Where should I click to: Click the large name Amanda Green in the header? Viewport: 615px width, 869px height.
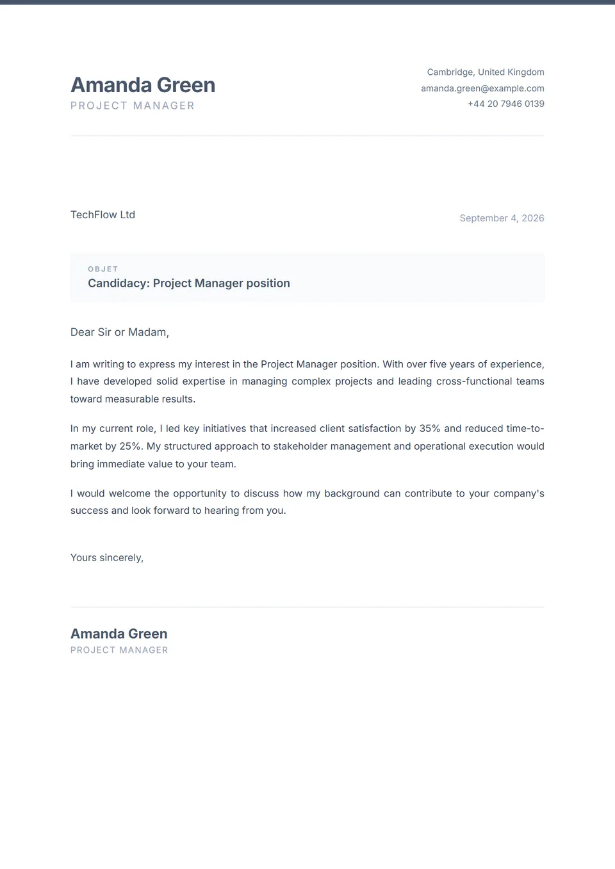click(x=142, y=85)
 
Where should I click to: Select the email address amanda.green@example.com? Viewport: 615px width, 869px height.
click(x=482, y=88)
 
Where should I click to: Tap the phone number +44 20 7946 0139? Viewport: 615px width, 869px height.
click(x=505, y=104)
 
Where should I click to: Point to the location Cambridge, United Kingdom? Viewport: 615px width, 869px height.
click(x=486, y=72)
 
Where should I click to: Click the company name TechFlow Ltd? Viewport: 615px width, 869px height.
click(x=102, y=215)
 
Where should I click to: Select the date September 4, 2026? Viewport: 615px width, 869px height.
click(x=502, y=218)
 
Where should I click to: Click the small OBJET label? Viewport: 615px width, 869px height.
click(x=103, y=269)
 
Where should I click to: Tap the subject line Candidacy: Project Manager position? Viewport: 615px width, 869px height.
click(x=188, y=283)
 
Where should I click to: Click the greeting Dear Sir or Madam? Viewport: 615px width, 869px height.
click(x=119, y=332)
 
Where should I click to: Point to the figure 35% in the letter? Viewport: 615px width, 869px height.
click(x=430, y=429)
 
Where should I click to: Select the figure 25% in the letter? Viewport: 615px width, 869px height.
click(x=130, y=447)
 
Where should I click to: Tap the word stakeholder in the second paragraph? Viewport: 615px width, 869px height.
click(x=300, y=447)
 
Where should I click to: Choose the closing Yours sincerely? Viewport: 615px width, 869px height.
click(x=106, y=558)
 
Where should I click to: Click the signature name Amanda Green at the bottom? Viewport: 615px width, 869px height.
click(x=119, y=634)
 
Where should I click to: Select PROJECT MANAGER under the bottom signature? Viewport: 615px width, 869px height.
click(x=119, y=650)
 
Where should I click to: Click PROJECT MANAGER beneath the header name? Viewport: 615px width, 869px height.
click(x=132, y=106)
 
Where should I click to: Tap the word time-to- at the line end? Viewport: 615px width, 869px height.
click(x=525, y=429)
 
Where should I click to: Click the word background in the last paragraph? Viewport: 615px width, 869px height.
click(x=352, y=493)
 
